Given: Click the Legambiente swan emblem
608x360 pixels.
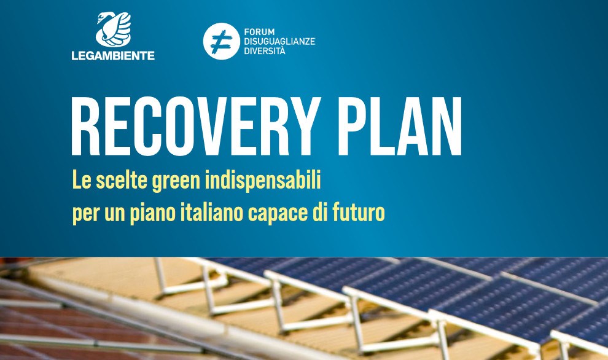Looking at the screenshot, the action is (113, 29).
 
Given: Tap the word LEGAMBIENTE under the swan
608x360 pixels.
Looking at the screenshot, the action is (113, 56).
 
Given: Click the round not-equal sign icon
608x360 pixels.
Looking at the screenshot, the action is (222, 41).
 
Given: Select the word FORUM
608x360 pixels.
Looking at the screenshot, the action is (259, 32).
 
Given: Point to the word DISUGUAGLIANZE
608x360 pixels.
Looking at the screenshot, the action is (279, 42).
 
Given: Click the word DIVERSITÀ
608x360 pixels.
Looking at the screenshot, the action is (265, 51).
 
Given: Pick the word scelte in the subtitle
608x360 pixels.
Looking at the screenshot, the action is (122, 181).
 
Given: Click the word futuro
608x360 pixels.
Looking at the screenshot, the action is (358, 213).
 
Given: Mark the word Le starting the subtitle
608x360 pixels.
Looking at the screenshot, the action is (82, 181).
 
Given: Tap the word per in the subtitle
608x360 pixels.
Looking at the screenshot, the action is (87, 215).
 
